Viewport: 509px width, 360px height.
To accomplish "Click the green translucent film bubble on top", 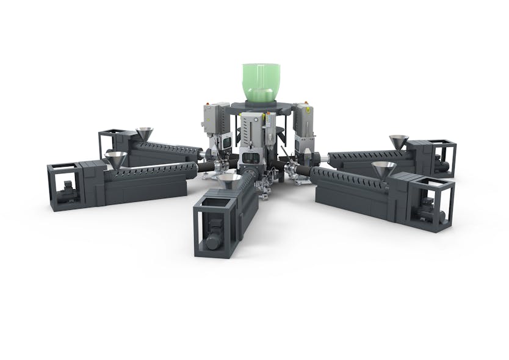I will [x=261, y=82].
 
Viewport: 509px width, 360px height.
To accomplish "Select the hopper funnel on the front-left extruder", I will [x=115, y=159].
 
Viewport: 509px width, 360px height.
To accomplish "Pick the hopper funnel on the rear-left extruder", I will [x=145, y=133].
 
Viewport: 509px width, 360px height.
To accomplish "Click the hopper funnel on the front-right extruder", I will [x=383, y=169].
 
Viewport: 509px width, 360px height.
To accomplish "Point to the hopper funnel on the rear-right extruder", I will [x=399, y=142].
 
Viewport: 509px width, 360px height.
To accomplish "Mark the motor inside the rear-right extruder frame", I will [x=443, y=165].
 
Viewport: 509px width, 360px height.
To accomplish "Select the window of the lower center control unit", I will [x=251, y=159].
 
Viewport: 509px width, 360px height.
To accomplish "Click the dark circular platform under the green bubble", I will [x=261, y=105].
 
